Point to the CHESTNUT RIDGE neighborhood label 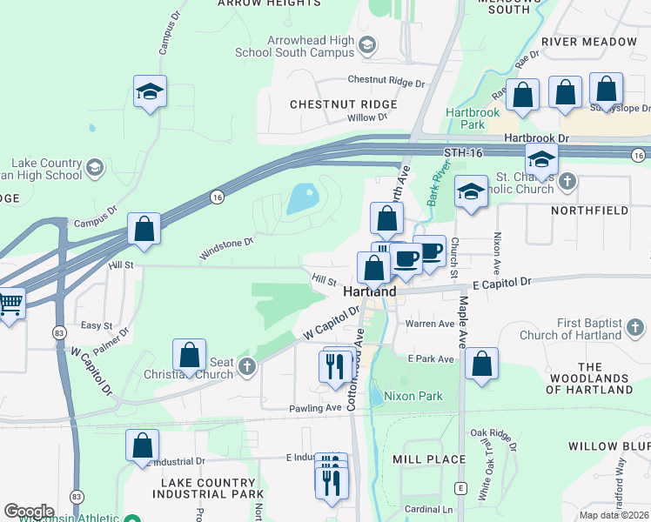(x=343, y=104)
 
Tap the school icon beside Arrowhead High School (x=367, y=44)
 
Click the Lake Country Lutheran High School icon (x=95, y=165)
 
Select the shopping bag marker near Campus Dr (x=144, y=229)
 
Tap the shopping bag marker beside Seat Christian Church (x=189, y=355)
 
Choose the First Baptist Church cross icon (x=636, y=328)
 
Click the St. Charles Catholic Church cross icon (x=567, y=182)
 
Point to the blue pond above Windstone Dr (x=301, y=199)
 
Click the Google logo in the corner (x=29, y=512)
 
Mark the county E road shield (x=460, y=487)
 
